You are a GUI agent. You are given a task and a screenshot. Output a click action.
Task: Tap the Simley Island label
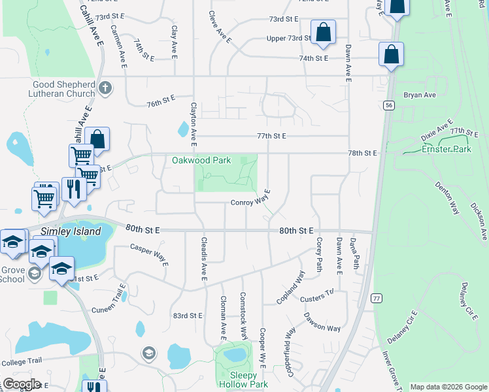pos(71,231)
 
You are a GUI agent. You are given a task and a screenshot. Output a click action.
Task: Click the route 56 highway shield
pos(389,105)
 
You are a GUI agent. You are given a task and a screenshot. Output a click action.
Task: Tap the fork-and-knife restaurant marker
pos(74,189)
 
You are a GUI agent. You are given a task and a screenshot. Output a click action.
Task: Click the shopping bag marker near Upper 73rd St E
pos(323,32)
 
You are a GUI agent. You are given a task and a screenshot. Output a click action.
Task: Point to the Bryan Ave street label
pos(420,95)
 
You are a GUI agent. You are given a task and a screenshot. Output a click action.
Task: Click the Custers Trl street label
pos(317,299)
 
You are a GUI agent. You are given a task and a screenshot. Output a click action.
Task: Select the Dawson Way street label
pos(322,323)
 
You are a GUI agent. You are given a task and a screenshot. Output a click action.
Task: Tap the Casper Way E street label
pos(148,252)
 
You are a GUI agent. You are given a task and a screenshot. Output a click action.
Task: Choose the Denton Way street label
pos(445,199)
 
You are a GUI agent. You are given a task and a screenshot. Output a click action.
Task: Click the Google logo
pos(21,384)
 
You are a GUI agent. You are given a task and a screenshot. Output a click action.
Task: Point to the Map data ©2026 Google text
pos(448,387)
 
